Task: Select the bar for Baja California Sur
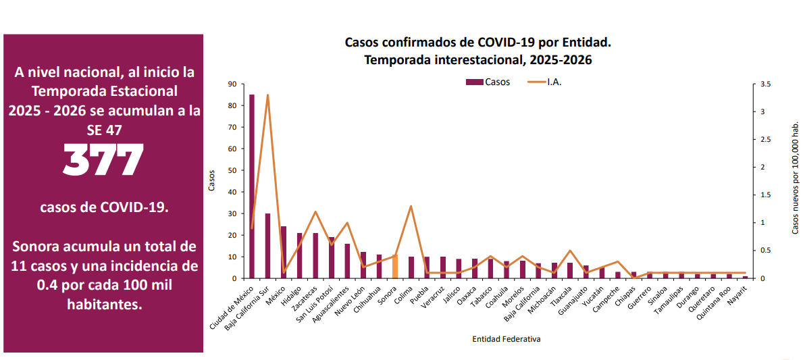pos(268,246)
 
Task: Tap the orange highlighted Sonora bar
pos(394,266)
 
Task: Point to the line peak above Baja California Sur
pos(268,95)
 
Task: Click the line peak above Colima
pos(411,206)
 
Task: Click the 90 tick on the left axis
pos(233,84)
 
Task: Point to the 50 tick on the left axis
pos(233,170)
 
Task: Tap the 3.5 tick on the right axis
pos(765,84)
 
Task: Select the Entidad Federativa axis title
pos(506,339)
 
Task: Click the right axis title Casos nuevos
pos(796,179)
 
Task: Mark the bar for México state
pos(284,253)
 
